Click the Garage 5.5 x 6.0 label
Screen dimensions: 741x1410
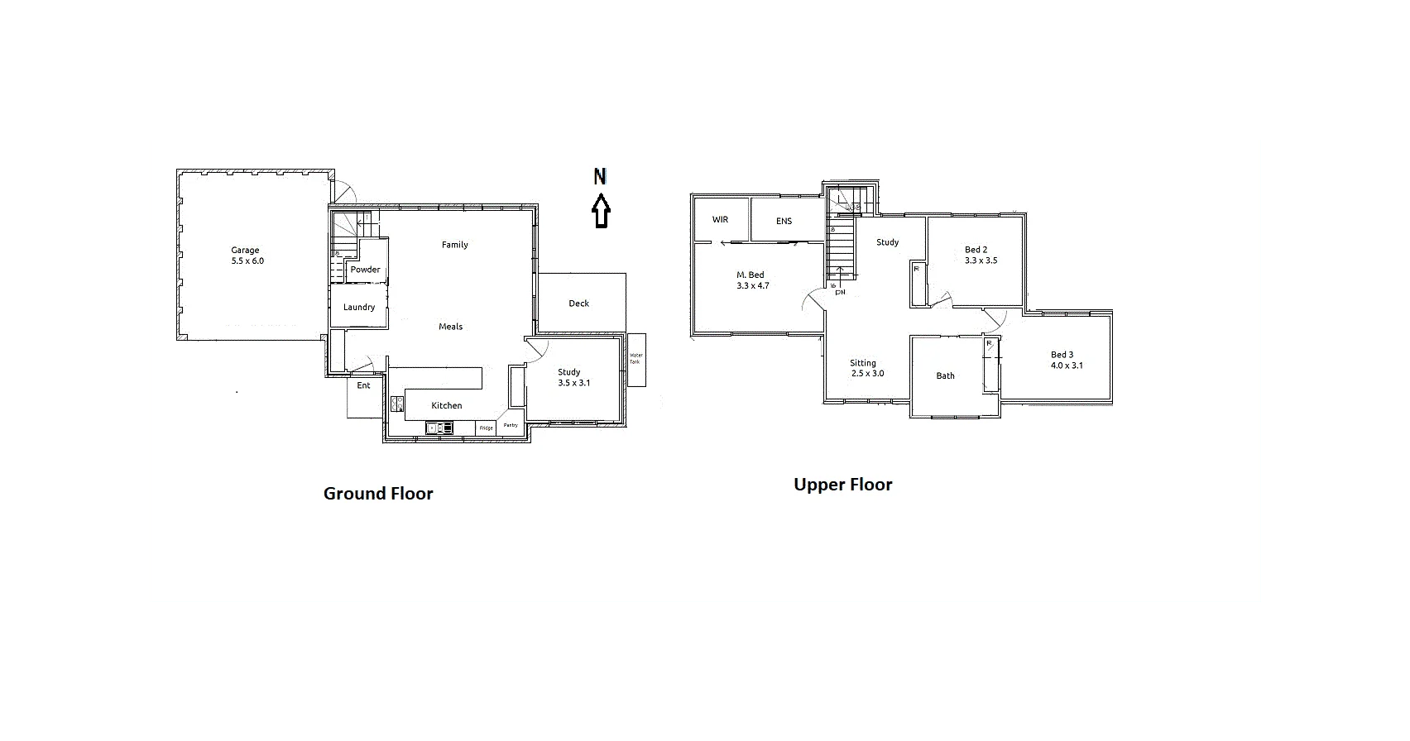[x=247, y=256]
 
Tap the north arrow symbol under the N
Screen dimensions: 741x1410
[x=601, y=212]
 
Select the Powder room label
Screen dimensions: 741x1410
[x=365, y=270]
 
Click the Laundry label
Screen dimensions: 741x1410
[x=359, y=307]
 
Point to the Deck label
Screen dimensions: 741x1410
[x=578, y=304]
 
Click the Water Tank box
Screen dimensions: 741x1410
[x=635, y=360]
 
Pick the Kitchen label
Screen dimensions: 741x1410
[x=446, y=405]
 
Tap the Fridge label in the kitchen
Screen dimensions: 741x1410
[x=487, y=428]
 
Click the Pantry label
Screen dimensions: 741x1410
[x=511, y=425]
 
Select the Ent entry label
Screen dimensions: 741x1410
[x=363, y=385]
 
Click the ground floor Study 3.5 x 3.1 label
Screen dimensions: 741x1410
[x=573, y=378]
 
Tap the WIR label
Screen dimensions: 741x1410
[x=720, y=220]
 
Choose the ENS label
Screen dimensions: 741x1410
[x=784, y=221]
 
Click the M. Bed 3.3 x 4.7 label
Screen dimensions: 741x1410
[x=752, y=280]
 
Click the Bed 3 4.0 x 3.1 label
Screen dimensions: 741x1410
[x=1066, y=360]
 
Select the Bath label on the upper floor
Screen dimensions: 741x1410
[x=945, y=375]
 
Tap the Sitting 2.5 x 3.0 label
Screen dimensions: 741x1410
[x=866, y=368]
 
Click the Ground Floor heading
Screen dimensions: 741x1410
[x=378, y=494]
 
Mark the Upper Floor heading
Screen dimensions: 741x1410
[x=842, y=485]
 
